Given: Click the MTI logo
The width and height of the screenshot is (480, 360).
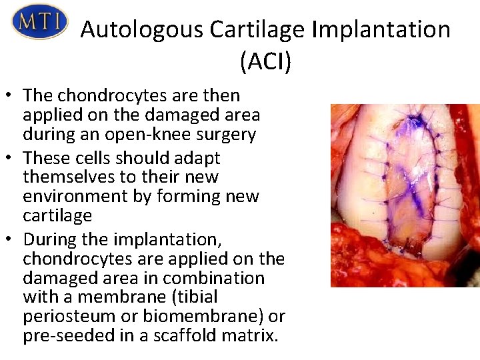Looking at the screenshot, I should [39, 22].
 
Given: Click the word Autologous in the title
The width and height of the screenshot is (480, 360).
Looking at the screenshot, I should [141, 30].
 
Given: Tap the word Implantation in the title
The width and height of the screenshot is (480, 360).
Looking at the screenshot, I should [378, 30].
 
